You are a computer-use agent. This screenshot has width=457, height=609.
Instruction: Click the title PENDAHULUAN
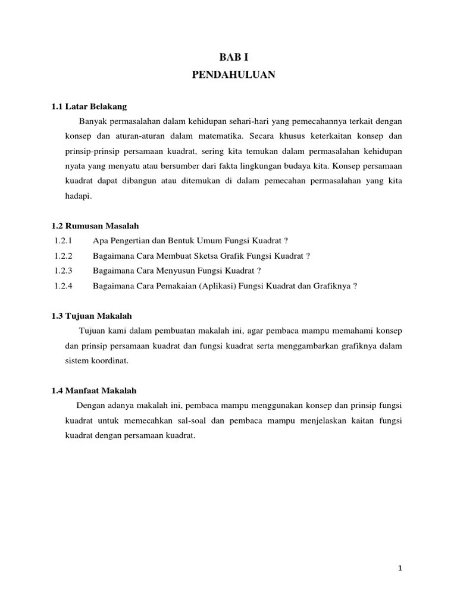click(x=233, y=76)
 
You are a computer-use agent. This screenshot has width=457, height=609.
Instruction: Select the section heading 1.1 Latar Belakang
click(x=89, y=106)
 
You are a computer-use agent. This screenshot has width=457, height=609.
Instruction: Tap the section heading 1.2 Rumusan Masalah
click(x=95, y=227)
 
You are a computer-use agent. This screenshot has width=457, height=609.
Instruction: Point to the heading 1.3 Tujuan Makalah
click(x=92, y=316)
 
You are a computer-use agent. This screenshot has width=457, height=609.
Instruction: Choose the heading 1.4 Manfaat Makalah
click(x=94, y=391)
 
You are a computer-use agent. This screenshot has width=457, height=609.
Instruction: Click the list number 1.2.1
click(x=62, y=241)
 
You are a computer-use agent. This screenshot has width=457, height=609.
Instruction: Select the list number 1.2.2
click(x=62, y=256)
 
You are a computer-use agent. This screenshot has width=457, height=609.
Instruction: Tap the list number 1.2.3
click(x=62, y=271)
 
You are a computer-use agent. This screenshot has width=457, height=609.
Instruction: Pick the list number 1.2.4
click(x=62, y=285)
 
